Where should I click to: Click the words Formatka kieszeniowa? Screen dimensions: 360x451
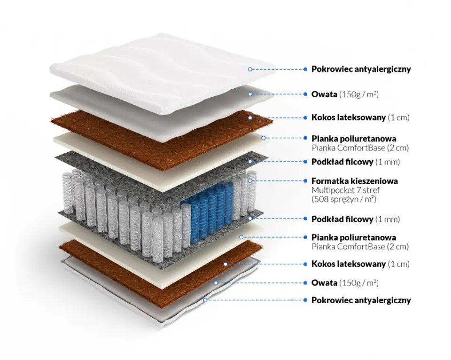click(x=355, y=181)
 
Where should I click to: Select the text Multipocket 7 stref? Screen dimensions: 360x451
click(x=346, y=190)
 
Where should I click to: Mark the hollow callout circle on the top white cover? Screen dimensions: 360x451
click(x=250, y=69)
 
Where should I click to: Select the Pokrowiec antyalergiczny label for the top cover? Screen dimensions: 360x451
click(x=361, y=69)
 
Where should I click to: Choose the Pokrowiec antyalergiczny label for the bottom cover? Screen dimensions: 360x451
click(x=361, y=300)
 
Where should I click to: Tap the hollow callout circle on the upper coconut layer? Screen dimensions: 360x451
click(x=250, y=117)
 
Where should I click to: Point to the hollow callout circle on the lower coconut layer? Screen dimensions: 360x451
click(x=226, y=264)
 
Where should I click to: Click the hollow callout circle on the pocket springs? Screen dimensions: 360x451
click(x=250, y=180)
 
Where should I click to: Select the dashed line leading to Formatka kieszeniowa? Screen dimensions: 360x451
click(x=277, y=180)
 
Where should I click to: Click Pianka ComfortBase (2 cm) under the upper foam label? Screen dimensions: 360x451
click(x=360, y=148)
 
